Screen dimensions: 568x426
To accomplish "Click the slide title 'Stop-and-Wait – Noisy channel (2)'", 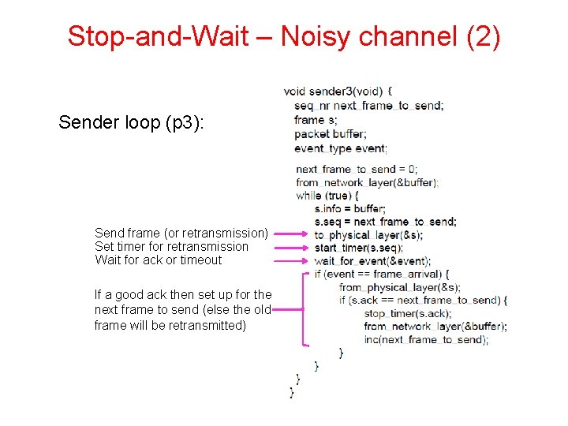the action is pos(284,35).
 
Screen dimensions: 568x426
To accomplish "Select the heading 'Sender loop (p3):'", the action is pos(132,122).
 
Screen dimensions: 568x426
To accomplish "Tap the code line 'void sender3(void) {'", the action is pos(338,92).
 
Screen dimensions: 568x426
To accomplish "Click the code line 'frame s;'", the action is pos(316,120).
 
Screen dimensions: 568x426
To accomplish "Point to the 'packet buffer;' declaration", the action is pos(330,134).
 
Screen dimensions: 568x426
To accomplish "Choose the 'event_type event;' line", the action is pos(341,148).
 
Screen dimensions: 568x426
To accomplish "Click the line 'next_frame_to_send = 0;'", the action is pos(357,169).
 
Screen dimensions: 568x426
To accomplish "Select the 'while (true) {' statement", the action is pos(327,195).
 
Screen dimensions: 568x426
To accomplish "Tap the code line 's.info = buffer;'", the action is pos(350,208).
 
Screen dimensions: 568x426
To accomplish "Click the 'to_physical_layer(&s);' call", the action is pos(368,235).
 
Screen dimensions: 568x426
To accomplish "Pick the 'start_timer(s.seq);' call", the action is pos(358,248).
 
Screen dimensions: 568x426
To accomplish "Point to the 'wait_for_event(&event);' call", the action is pos(372,261).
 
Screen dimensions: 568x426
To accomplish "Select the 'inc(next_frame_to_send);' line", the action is pos(426,339).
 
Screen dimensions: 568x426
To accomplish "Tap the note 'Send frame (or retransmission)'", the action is pos(181,233).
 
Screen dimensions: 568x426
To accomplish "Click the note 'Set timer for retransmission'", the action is pos(171,246).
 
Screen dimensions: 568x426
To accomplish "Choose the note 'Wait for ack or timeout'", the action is pos(158,260).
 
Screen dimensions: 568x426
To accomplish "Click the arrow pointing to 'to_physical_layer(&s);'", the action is pos(292,234).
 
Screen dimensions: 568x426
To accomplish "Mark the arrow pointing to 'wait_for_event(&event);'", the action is pos(292,260).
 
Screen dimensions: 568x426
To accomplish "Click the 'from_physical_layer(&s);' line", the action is pos(399,287).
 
